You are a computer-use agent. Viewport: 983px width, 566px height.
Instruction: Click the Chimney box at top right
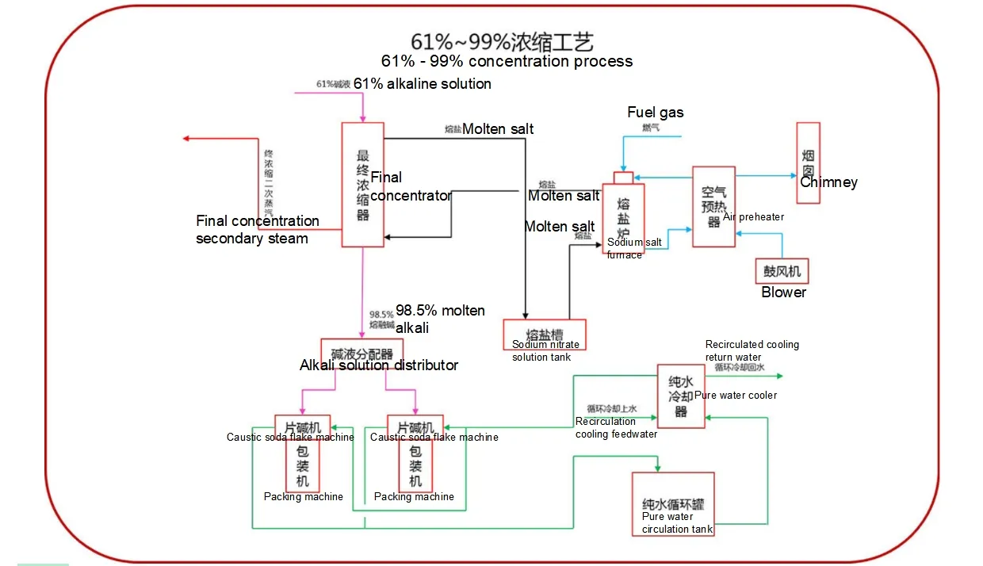808,162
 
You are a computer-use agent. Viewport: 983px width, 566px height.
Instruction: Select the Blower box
782,271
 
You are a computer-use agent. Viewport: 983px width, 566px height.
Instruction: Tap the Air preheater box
713,206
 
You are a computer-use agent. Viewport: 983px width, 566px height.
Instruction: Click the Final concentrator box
362,185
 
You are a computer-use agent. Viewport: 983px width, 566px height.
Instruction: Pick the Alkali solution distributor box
361,353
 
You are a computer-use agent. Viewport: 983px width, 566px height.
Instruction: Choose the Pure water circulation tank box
673,503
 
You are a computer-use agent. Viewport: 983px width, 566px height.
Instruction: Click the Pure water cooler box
680,396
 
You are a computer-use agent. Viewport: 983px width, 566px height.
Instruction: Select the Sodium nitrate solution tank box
545,334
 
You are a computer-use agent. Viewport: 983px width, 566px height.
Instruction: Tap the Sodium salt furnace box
623,218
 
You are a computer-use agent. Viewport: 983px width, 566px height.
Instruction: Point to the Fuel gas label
655,113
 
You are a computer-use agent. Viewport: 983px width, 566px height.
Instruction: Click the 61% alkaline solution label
422,84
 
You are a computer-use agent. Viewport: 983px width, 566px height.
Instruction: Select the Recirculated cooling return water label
752,350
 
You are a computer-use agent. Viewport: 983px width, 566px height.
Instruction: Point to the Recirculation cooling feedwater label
615,427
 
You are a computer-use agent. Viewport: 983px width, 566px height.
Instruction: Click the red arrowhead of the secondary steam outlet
186,138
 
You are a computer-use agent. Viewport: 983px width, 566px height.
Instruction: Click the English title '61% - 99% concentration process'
507,61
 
